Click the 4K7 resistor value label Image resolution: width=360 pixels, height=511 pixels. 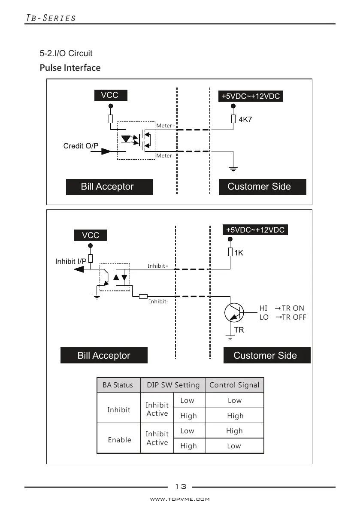point(245,119)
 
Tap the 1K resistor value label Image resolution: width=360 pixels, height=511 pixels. point(239,253)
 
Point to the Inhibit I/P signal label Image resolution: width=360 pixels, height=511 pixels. point(71,261)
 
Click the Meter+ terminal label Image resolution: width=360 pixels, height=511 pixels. point(166,126)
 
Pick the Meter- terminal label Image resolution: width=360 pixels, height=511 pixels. point(165,156)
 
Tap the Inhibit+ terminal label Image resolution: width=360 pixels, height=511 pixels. point(158,266)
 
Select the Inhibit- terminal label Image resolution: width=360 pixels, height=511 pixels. point(158,302)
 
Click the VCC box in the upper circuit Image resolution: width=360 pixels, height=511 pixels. point(110,95)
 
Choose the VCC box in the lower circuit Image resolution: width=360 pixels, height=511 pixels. point(90,235)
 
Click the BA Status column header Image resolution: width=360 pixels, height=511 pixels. point(118,385)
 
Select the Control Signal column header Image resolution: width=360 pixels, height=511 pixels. point(234,385)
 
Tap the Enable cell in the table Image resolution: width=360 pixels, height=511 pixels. point(120,440)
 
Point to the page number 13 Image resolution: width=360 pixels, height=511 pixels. point(181,486)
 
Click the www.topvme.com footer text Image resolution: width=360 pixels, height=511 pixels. point(180,499)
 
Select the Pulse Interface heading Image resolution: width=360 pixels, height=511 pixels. point(70,68)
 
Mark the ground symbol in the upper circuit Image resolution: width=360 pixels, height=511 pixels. point(233,169)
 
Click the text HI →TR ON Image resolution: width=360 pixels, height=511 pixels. point(281,308)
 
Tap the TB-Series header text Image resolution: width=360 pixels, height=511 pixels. point(51,18)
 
